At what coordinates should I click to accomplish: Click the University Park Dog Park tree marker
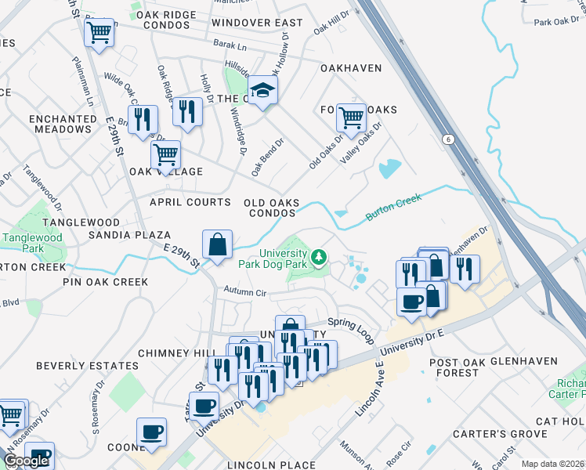tap(319, 257)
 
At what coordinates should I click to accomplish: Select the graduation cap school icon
tap(263, 91)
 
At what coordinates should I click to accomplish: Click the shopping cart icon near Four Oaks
tap(352, 118)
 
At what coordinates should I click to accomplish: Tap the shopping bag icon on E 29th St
tap(217, 244)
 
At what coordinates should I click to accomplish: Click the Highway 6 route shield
tap(447, 139)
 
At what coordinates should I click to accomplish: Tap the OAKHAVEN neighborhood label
tap(351, 68)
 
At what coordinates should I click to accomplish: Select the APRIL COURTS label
tap(190, 202)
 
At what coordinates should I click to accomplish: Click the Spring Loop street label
tap(348, 322)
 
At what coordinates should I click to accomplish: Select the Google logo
tap(26, 461)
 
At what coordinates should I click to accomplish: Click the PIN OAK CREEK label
tap(106, 281)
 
